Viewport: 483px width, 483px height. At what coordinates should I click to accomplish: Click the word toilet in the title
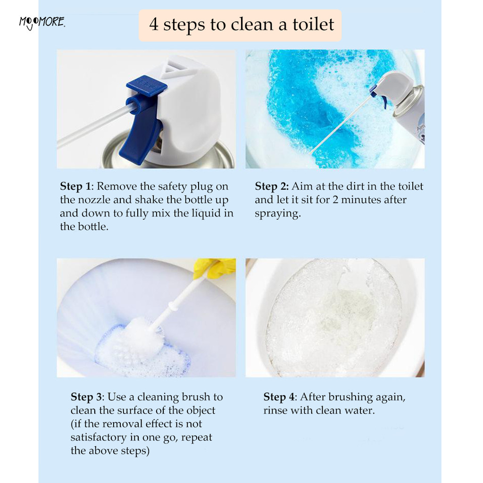[x=313, y=25]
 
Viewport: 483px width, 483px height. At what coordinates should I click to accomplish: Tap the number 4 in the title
[x=154, y=25]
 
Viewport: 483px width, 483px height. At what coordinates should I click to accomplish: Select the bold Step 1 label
[x=76, y=187]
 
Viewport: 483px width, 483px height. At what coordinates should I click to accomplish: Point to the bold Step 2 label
[x=272, y=187]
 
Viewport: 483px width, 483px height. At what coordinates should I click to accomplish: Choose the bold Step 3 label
[x=86, y=397]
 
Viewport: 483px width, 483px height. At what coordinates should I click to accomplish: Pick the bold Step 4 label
[x=280, y=397]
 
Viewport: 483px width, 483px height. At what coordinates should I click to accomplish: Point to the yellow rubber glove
[x=215, y=267]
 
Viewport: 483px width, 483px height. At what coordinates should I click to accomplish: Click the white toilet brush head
[x=145, y=334]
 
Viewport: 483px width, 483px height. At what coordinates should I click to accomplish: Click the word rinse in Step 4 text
[x=275, y=411]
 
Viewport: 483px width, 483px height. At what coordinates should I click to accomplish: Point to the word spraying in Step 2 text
[x=278, y=214]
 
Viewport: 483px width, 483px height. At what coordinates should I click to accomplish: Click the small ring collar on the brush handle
[x=173, y=307]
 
